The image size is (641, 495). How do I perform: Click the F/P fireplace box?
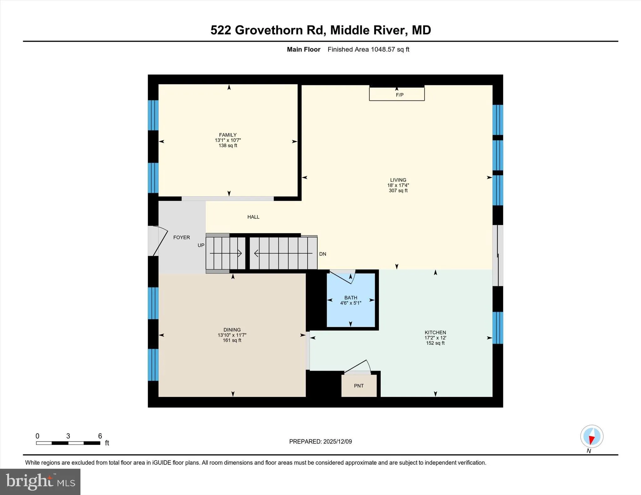point(397,94)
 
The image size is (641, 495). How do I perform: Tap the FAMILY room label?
point(228,135)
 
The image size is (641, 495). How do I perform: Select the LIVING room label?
point(398,180)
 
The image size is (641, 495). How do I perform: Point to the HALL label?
point(253,217)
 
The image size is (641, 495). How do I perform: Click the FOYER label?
point(182,238)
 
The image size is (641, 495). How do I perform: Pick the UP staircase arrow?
point(225,253)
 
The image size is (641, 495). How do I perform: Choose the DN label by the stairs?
point(322,254)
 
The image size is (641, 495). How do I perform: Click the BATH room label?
point(351,298)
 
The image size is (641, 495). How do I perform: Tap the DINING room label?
point(232,330)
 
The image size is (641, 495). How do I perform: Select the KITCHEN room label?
point(435,333)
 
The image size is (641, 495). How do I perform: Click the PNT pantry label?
point(359,386)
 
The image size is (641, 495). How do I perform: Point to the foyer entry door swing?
point(160,241)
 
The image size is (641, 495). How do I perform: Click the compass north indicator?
point(592,437)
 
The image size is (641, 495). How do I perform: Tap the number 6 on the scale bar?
point(100,436)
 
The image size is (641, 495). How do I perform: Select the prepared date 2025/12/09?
point(337,442)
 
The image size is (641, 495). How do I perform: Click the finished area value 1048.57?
point(382,49)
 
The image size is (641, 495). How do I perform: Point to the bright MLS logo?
point(40,482)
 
